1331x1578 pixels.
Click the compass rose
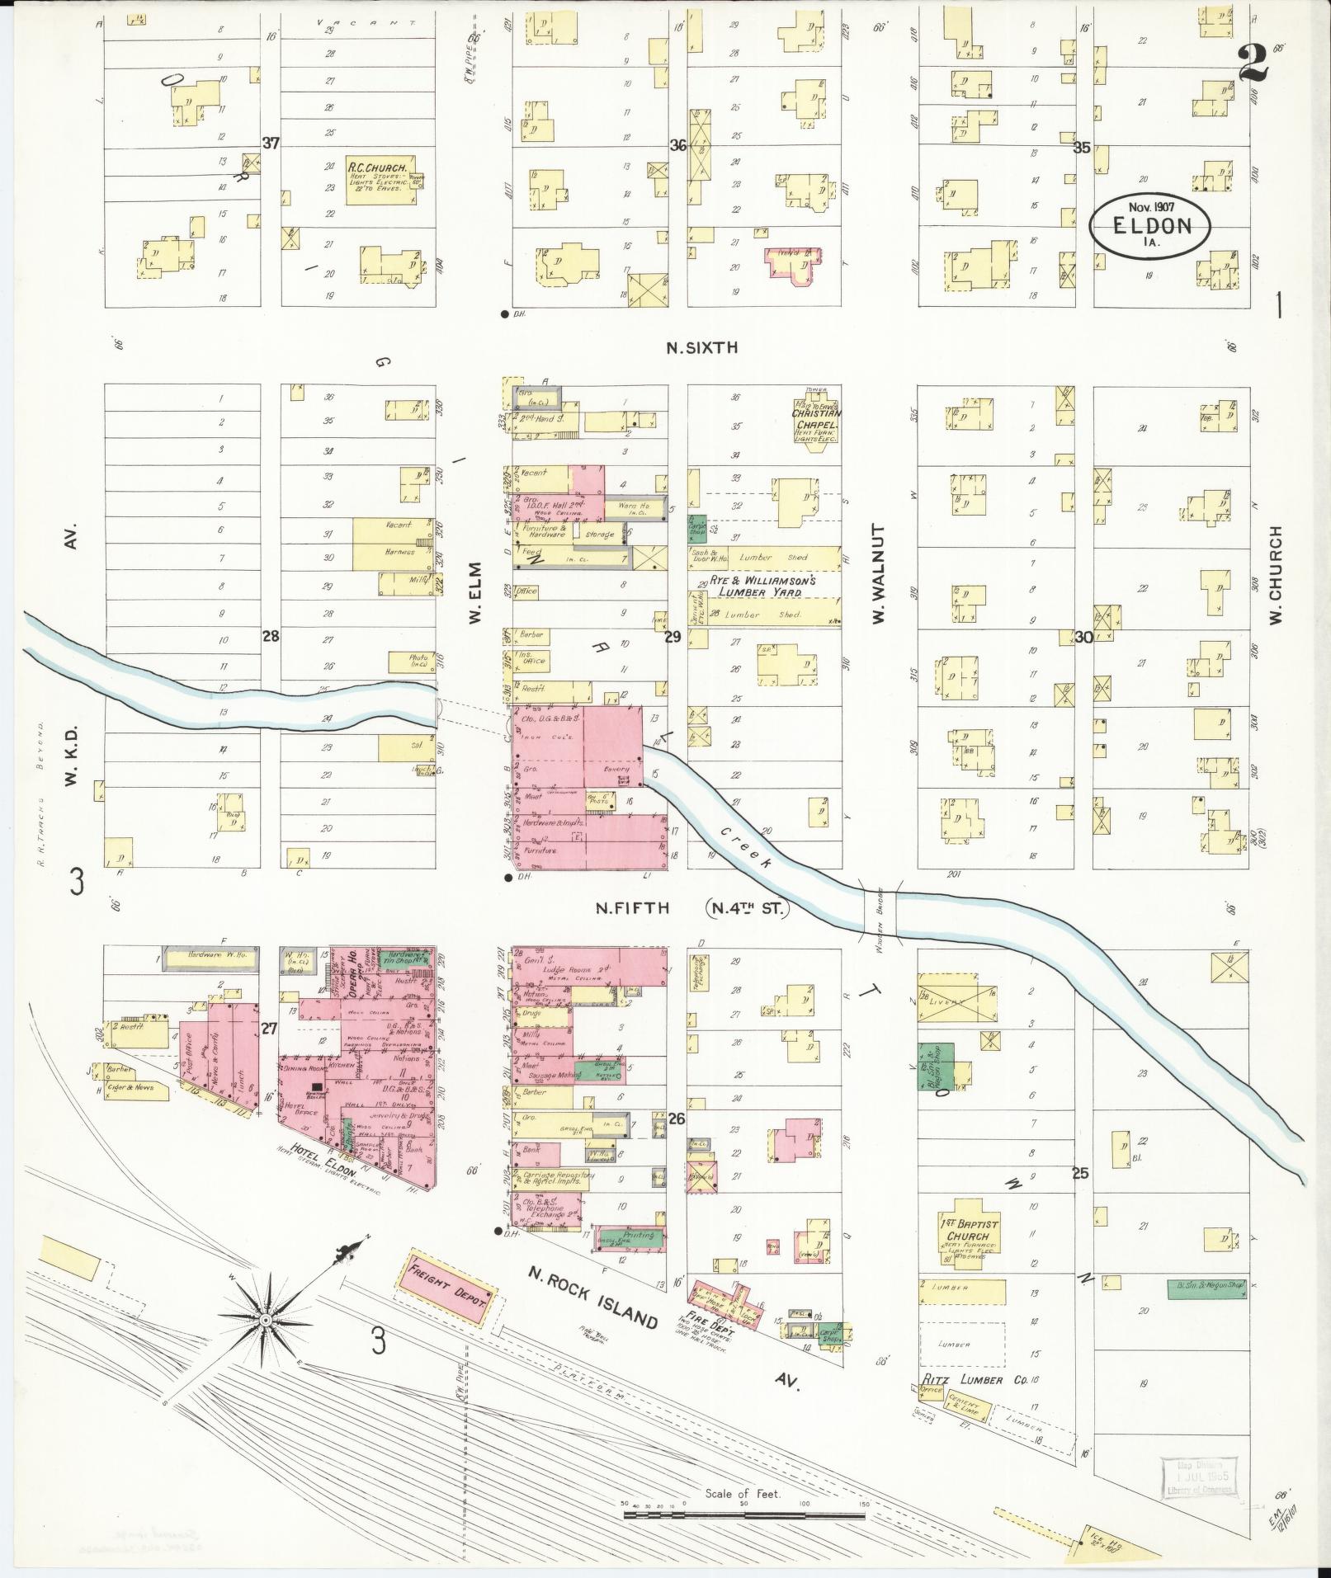point(266,1321)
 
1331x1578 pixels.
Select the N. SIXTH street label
point(701,348)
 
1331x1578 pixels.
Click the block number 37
point(270,143)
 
